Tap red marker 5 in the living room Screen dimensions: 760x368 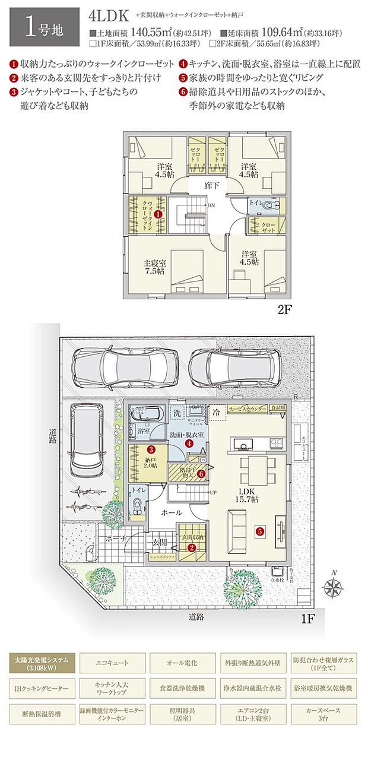259,531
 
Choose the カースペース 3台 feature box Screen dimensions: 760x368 323,712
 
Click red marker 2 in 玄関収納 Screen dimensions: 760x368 192,547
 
